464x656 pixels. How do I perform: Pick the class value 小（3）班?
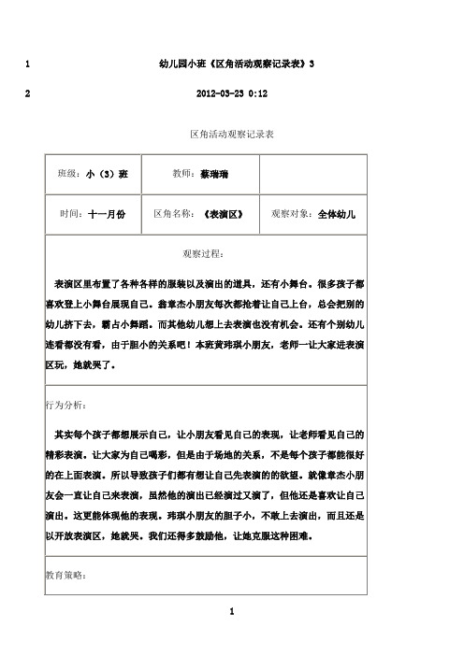(x=107, y=175)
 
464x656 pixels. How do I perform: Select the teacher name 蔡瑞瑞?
(x=214, y=175)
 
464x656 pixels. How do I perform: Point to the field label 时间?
(x=72, y=214)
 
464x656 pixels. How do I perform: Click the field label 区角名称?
(x=174, y=214)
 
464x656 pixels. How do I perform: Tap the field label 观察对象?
(x=290, y=214)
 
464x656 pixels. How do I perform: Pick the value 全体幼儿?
(x=337, y=214)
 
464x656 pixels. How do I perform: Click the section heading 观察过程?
(x=205, y=252)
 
